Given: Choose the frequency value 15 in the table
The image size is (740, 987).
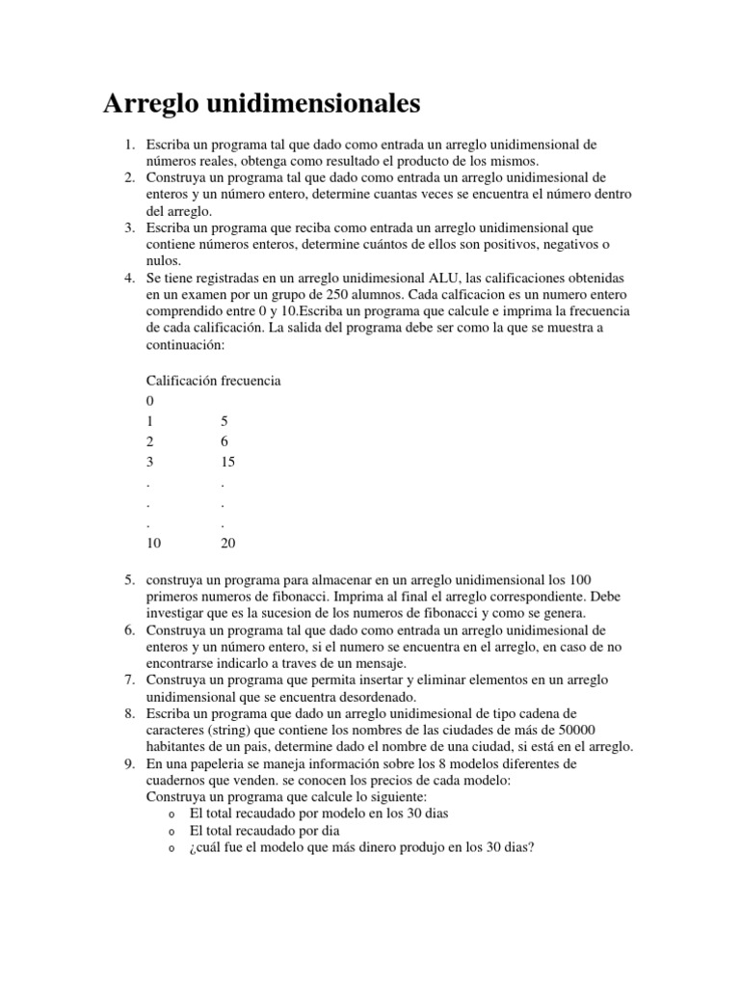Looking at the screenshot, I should click(227, 462).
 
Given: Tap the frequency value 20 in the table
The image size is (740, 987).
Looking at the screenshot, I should click(227, 543).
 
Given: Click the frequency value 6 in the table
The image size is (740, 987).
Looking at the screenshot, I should click(224, 441).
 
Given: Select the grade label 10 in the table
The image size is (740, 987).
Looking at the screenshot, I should click(153, 543).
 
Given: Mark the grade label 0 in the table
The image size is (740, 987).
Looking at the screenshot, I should click(149, 401).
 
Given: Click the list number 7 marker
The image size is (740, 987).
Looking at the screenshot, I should click(128, 680).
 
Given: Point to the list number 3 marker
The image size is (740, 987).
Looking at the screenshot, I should click(128, 227).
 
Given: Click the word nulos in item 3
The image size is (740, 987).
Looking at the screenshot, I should click(162, 260).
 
